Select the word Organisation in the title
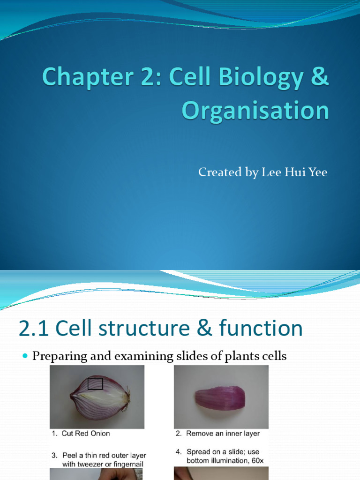[x=255, y=111]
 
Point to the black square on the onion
[x=95, y=383]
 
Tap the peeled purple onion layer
[x=220, y=398]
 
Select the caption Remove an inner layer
[x=223, y=434]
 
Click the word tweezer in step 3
[x=94, y=464]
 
